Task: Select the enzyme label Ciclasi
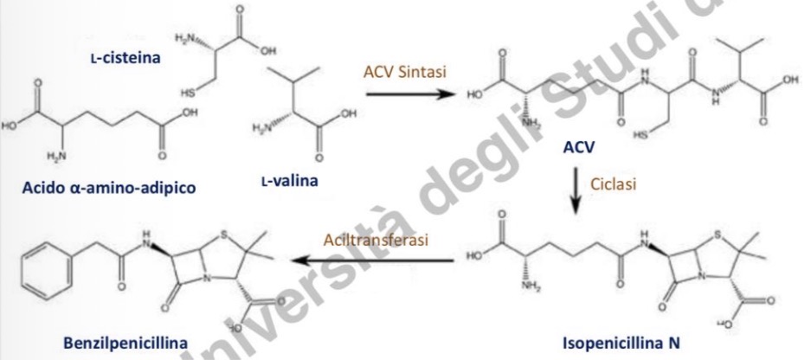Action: pos(613,183)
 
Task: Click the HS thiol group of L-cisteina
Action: pos(186,91)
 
